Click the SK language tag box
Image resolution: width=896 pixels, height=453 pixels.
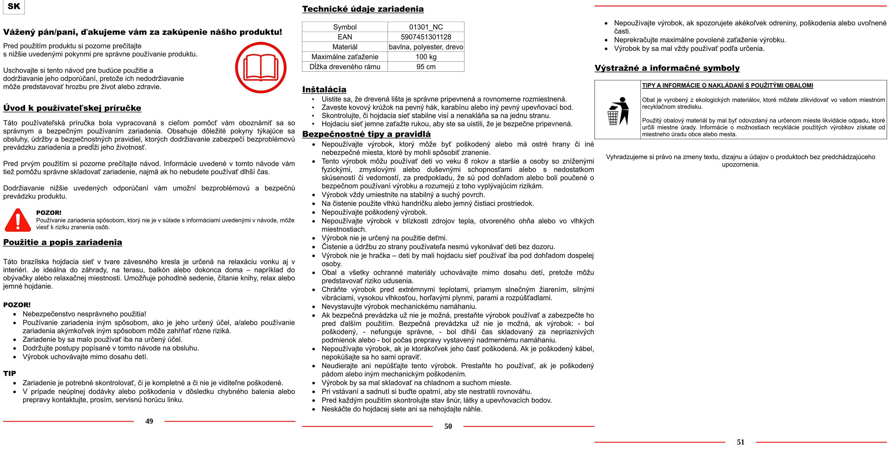tap(14, 7)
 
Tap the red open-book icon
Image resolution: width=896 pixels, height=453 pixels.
tap(261, 68)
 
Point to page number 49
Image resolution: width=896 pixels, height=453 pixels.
tap(149, 421)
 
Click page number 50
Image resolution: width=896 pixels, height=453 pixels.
tap(448, 426)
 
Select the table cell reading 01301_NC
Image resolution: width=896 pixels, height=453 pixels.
tap(426, 27)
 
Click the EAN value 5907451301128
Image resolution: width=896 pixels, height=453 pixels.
tap(426, 37)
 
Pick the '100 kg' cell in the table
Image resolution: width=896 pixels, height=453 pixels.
tap(426, 57)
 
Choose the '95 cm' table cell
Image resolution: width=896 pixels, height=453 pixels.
tap(426, 67)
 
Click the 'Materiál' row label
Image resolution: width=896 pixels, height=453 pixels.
tap(345, 47)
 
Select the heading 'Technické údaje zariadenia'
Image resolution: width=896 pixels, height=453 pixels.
tap(363, 9)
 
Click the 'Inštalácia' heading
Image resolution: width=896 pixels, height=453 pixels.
tap(324, 90)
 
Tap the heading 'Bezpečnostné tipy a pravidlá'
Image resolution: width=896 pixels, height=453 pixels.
tap(366, 134)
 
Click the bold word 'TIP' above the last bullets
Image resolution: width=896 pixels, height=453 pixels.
tap(10, 373)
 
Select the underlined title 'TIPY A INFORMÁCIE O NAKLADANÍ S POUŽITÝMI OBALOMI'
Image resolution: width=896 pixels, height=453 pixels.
tap(727, 86)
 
